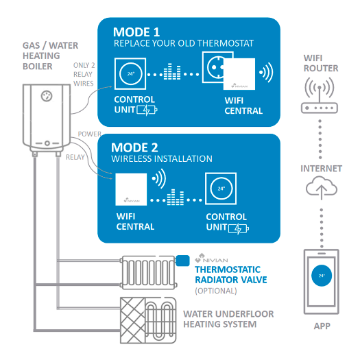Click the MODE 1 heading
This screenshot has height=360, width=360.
point(136,32)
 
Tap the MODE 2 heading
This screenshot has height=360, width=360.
point(136,147)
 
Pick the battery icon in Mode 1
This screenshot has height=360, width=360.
point(147,110)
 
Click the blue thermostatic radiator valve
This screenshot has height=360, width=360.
point(182,261)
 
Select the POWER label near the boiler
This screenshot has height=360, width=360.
point(89,134)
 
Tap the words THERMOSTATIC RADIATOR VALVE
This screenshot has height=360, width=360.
point(232,275)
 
